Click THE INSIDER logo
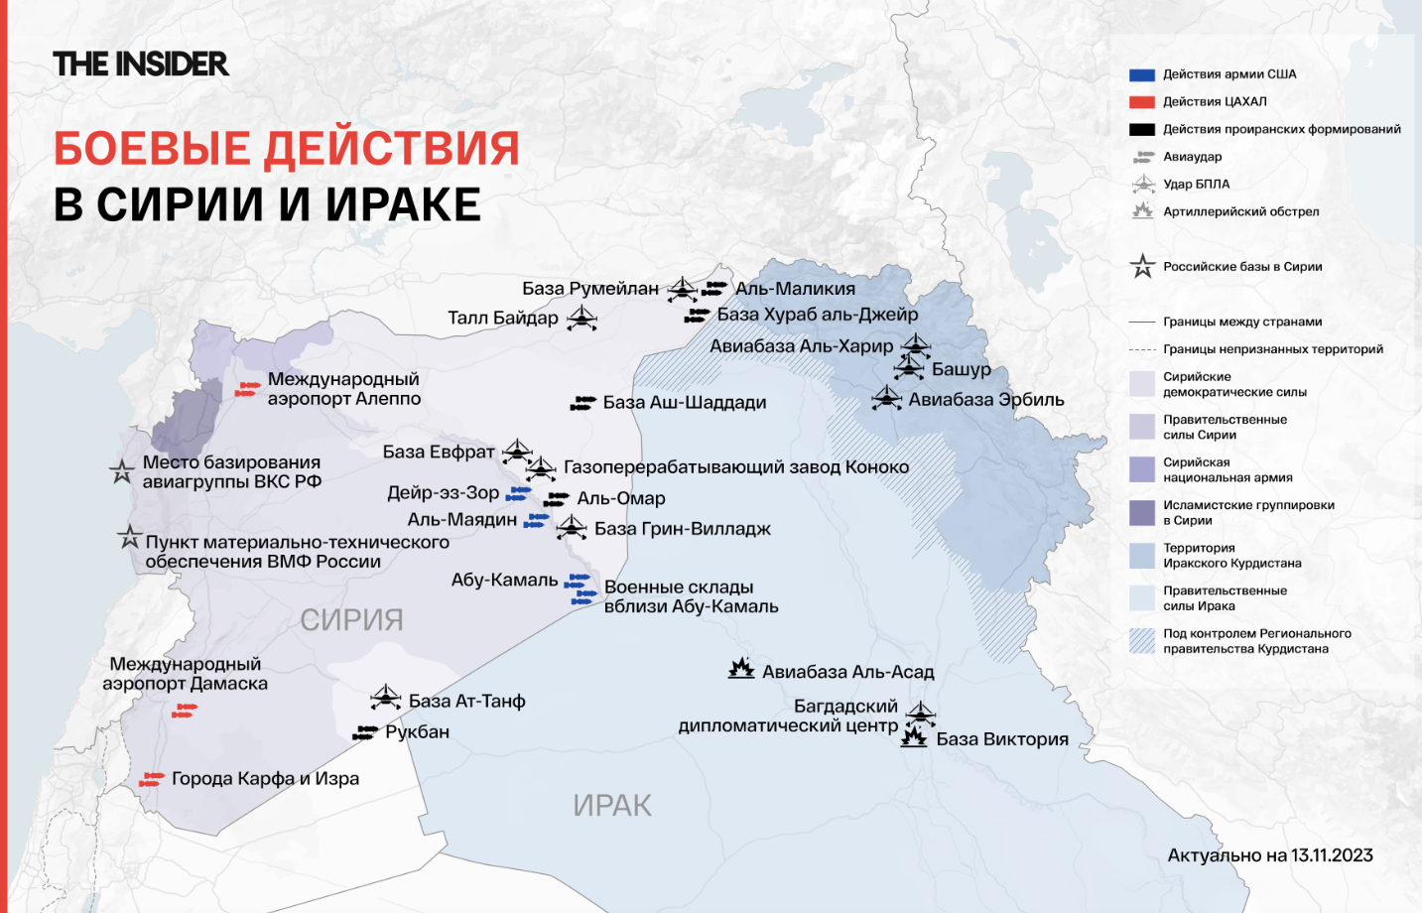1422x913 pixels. pyautogui.click(x=141, y=65)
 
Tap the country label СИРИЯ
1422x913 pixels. pyautogui.click(x=351, y=620)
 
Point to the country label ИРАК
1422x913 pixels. pyautogui.click(x=612, y=806)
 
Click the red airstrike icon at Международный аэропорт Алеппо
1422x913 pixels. pyautogui.click(x=247, y=389)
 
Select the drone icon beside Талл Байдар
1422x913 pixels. pyautogui.click(x=582, y=319)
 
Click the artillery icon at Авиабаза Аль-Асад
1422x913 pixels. pyautogui.click(x=741, y=668)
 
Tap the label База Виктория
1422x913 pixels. pyautogui.click(x=1002, y=739)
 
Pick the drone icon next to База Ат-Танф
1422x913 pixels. pyautogui.click(x=386, y=698)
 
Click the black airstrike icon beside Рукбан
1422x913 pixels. pyautogui.click(x=367, y=732)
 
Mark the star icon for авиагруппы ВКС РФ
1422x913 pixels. pyautogui.click(x=122, y=471)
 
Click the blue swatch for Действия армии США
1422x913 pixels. pyautogui.click(x=1142, y=74)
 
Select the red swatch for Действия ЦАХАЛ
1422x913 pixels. pyautogui.click(x=1142, y=102)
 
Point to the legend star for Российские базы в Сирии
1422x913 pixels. pyautogui.click(x=1142, y=266)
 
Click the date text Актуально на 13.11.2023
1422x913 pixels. pyautogui.click(x=1270, y=855)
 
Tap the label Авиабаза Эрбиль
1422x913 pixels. pyautogui.click(x=986, y=400)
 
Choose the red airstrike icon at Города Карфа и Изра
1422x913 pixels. pyautogui.click(x=152, y=779)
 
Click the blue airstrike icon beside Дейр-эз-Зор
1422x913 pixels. pyautogui.click(x=519, y=493)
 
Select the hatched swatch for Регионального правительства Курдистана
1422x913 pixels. pyautogui.click(x=1142, y=641)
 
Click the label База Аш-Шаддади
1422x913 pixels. pyautogui.click(x=685, y=403)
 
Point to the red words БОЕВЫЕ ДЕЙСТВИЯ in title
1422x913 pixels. pyautogui.click(x=287, y=149)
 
